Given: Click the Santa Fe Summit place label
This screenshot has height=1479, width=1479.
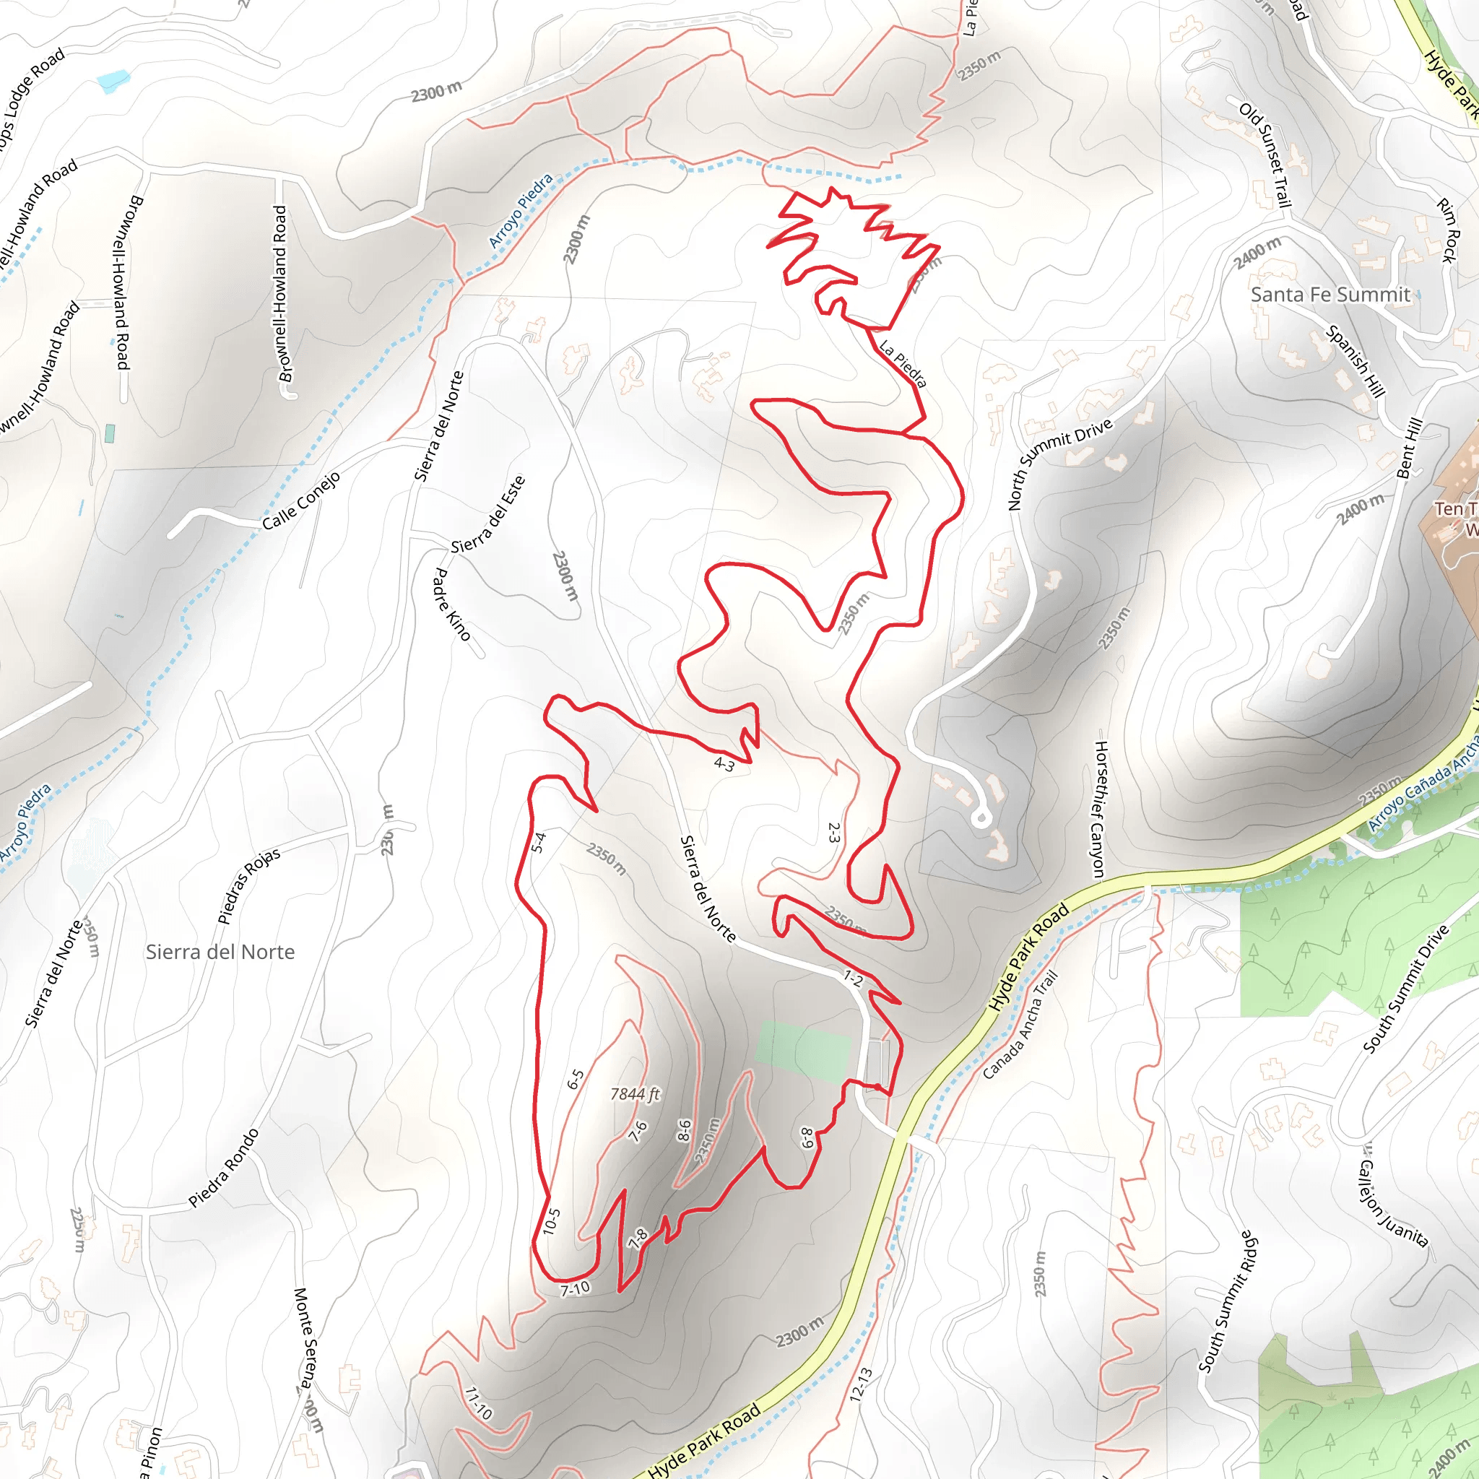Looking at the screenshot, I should point(1330,295).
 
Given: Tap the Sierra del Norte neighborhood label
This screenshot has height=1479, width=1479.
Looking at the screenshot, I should point(220,952).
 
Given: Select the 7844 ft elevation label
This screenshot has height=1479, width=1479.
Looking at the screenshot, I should point(635,1095).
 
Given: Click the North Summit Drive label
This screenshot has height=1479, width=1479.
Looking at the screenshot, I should point(1059,464).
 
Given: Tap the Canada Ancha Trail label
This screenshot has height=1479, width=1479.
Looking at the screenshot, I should point(1020,1024).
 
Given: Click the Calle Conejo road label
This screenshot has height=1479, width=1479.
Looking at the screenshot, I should point(301,501).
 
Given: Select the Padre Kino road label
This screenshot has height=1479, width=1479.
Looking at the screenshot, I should point(451,604).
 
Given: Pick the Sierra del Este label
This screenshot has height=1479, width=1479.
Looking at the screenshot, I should point(488,513).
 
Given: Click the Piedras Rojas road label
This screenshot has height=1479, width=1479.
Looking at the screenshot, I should point(249,885).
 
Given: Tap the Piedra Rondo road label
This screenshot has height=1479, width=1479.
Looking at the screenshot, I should point(224,1168).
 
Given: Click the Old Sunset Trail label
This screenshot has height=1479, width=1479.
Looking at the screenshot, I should point(1265,155).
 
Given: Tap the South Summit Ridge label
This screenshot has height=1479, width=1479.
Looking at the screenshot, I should point(1227,1301).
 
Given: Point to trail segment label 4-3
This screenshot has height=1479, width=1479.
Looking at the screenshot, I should point(724,763).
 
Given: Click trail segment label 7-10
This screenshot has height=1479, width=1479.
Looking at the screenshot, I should point(575,1288).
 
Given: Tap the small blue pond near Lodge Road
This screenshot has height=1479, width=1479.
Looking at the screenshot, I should point(113,79).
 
